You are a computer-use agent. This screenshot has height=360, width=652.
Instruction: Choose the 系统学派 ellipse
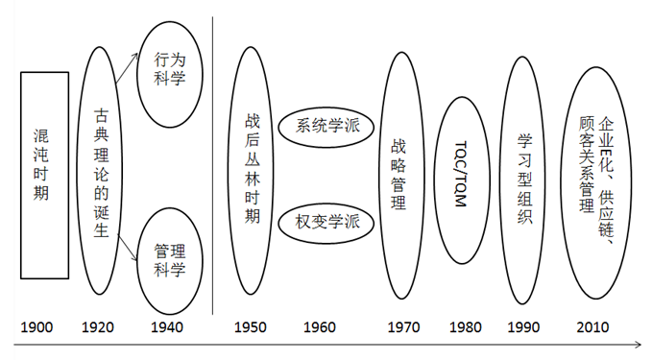[326, 127]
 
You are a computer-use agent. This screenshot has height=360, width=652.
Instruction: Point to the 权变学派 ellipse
[326, 221]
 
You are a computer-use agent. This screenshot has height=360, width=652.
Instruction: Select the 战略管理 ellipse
[399, 175]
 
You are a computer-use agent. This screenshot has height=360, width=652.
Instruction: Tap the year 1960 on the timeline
[319, 327]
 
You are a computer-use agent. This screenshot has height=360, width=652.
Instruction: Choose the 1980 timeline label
[465, 327]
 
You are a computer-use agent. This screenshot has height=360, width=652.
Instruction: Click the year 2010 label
[592, 327]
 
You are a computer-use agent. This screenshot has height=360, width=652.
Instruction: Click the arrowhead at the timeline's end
[638, 344]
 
